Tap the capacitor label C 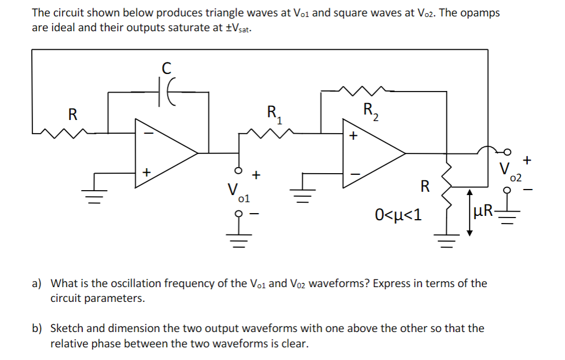(x=166, y=68)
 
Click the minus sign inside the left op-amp (x=146, y=133)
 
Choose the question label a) (x=37, y=284)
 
